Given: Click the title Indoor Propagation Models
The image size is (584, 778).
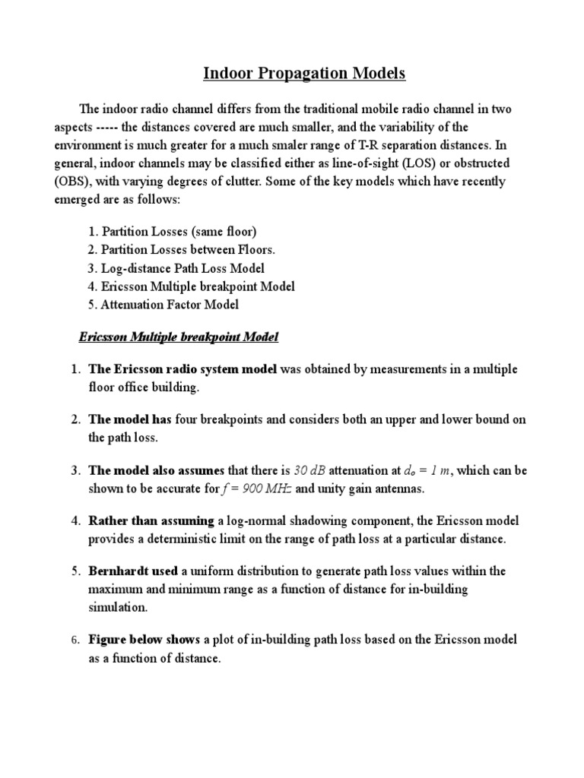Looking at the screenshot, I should pyautogui.click(x=304, y=74).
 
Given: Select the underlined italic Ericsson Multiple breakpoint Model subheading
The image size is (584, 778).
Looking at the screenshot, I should pyautogui.click(x=179, y=337).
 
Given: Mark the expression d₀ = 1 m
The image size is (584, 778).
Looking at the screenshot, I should pyautogui.click(x=423, y=470).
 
